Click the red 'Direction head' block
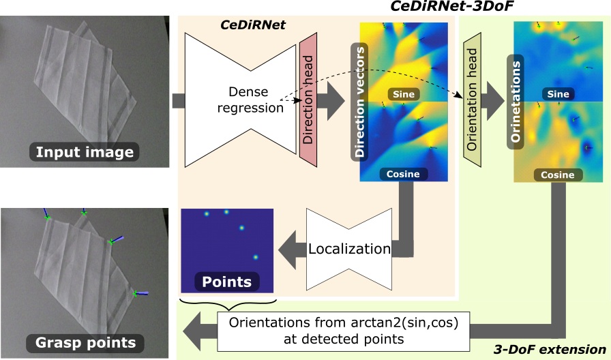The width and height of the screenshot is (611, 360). coord(309,100)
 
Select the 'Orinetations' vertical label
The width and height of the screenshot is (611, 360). coord(516,102)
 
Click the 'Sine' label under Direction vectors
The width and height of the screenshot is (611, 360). coord(403,92)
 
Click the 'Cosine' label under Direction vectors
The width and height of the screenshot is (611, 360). coord(403,174)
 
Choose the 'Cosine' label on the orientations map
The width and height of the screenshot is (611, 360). coord(557,175)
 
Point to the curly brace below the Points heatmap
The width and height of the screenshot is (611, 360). coord(226,299)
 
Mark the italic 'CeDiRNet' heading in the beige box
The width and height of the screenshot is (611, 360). coord(253,25)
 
